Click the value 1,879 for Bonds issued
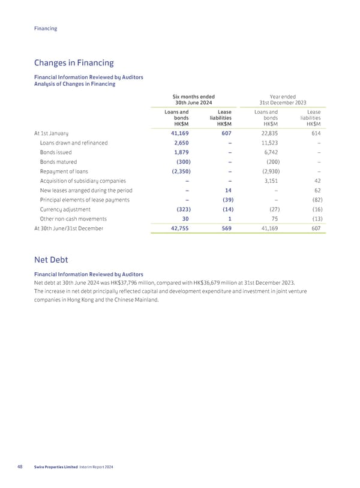point(182,153)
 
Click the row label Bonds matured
point(58,162)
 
